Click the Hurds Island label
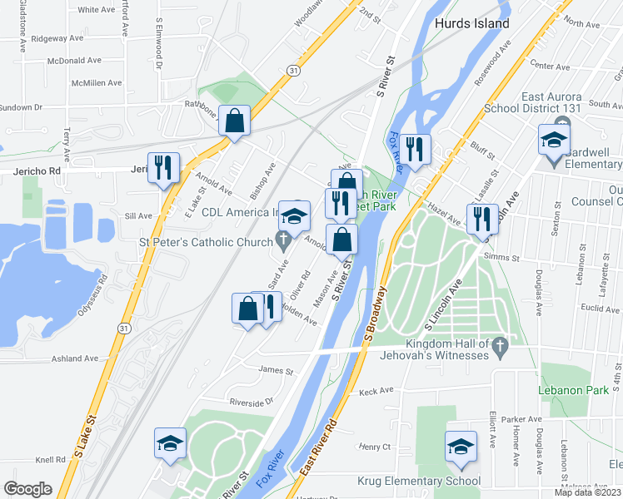pos(471,24)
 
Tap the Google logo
pos(27,489)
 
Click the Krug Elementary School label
pos(419,481)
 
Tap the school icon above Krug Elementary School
pos(461,447)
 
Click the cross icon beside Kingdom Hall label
pos(500,344)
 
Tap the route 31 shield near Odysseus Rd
pos(123,329)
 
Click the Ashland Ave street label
pos(74,358)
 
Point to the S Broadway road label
pos(376,315)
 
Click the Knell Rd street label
pos(50,459)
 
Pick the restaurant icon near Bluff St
pos(414,150)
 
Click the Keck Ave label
pos(376,391)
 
